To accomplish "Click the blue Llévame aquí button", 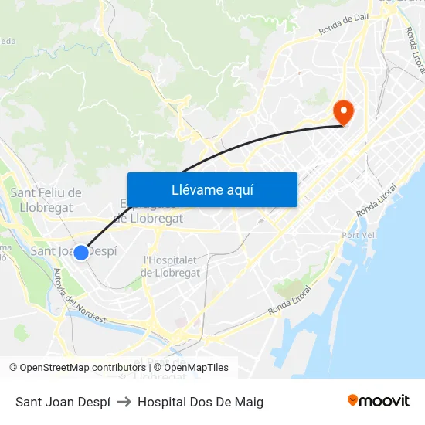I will point(212,189).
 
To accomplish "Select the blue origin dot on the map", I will point(80,252).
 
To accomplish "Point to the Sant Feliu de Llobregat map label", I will point(46,199).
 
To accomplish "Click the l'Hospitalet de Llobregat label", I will point(172,266).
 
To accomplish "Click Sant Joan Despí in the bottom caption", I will point(63,402).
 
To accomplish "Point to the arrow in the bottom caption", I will point(124,402).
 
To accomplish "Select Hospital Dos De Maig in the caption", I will point(200,402).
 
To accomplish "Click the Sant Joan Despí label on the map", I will point(73,250).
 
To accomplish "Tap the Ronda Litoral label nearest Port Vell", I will point(378,200).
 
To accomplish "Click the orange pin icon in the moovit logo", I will point(353,400).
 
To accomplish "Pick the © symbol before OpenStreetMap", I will point(13,368).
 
